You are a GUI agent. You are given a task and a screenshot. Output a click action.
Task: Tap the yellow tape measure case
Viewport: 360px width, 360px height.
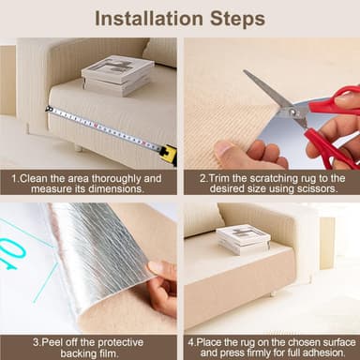pyautogui.click(x=168, y=155)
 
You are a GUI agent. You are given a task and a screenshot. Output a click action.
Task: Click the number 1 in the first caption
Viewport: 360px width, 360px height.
pyautogui.click(x=14, y=176)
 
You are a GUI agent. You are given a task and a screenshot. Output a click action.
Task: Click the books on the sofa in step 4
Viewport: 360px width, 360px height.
pyautogui.click(x=243, y=239)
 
